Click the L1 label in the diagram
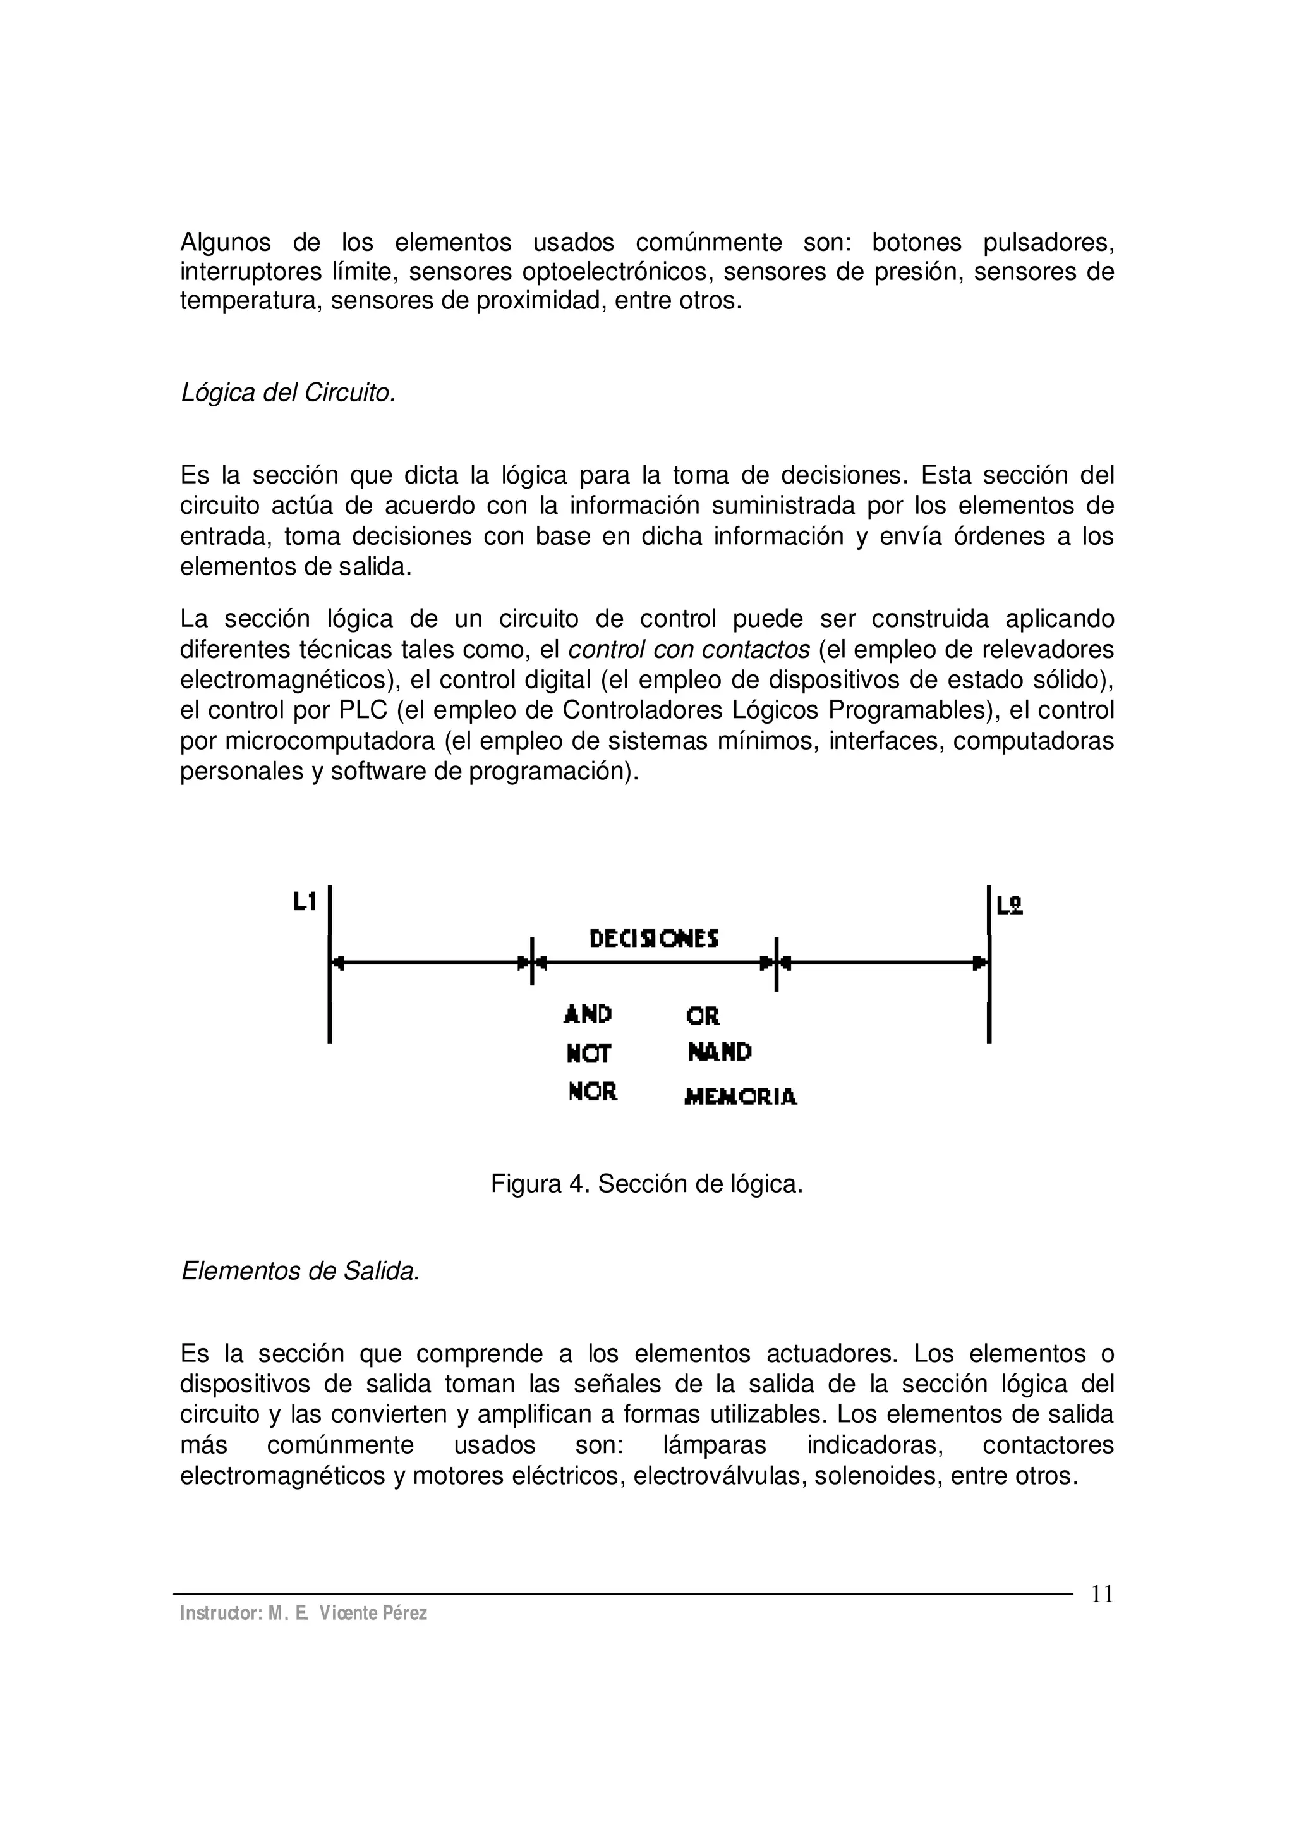pos(305,902)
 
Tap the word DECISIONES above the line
pos(654,939)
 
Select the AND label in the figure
pos(588,1014)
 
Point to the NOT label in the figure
pos(588,1054)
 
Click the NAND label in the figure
pos(719,1053)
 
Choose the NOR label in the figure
pos(593,1092)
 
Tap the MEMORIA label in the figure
pos(741,1097)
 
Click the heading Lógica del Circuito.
pos(289,393)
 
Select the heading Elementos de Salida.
pos(299,1270)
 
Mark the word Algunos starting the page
pos(226,241)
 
